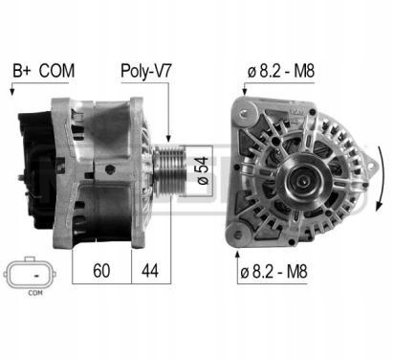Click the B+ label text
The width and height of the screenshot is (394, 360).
pyautogui.click(x=21, y=71)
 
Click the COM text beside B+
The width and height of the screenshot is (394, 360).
pyautogui.click(x=56, y=71)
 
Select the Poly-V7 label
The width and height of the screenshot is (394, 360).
pyautogui.click(x=146, y=71)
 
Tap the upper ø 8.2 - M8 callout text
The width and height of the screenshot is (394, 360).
pyautogui.click(x=281, y=72)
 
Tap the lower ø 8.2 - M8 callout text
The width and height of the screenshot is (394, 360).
pyautogui.click(x=274, y=271)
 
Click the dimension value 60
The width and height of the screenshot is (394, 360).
pyautogui.click(x=101, y=271)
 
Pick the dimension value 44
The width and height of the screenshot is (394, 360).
pyautogui.click(x=150, y=271)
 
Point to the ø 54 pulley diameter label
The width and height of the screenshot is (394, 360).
pyautogui.click(x=204, y=170)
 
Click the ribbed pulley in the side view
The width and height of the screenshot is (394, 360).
pyautogui.click(x=169, y=170)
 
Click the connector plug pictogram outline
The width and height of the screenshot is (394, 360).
pyautogui.click(x=30, y=274)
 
